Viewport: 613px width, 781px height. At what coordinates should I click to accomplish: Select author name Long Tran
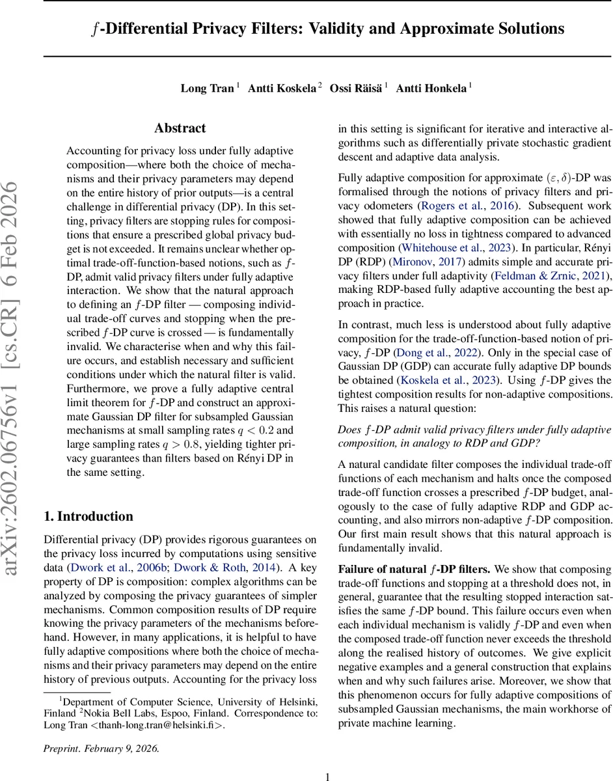(207, 88)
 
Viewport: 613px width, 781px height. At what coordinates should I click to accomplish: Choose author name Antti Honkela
(430, 88)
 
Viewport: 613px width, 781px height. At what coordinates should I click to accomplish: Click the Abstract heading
(180, 128)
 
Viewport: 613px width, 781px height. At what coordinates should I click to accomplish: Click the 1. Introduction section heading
(88, 499)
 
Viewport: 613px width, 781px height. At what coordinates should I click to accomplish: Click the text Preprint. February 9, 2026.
(101, 748)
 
